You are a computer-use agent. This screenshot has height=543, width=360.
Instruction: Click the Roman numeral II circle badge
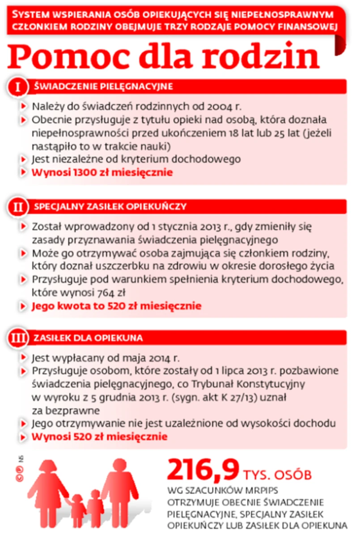(x=18, y=207)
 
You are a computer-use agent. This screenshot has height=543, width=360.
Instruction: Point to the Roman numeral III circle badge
(x=18, y=338)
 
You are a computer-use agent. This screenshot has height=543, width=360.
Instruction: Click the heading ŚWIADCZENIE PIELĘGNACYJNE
(x=103, y=86)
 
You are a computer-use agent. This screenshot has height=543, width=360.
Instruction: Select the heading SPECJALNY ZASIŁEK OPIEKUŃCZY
(x=110, y=207)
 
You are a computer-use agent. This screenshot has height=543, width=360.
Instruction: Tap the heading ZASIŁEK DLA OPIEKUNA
(x=89, y=338)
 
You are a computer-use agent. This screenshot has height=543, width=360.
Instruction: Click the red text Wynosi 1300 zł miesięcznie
(x=102, y=172)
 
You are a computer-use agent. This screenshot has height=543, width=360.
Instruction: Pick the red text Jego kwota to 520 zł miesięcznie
(x=116, y=306)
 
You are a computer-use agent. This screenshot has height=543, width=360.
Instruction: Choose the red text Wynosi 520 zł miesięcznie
(x=99, y=436)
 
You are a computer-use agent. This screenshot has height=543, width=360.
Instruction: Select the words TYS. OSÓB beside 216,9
(x=278, y=474)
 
